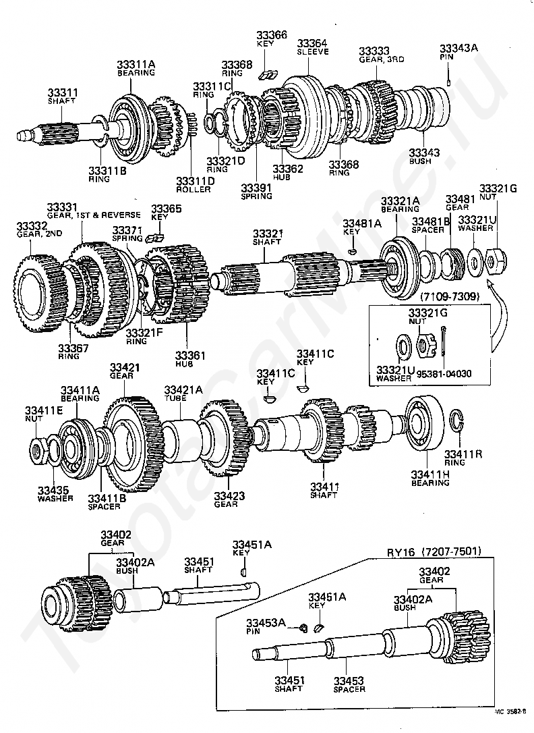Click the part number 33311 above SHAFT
click(63, 92)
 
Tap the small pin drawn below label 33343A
click(448, 82)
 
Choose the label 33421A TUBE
click(183, 393)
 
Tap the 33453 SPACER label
click(349, 684)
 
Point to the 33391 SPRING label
click(256, 191)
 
